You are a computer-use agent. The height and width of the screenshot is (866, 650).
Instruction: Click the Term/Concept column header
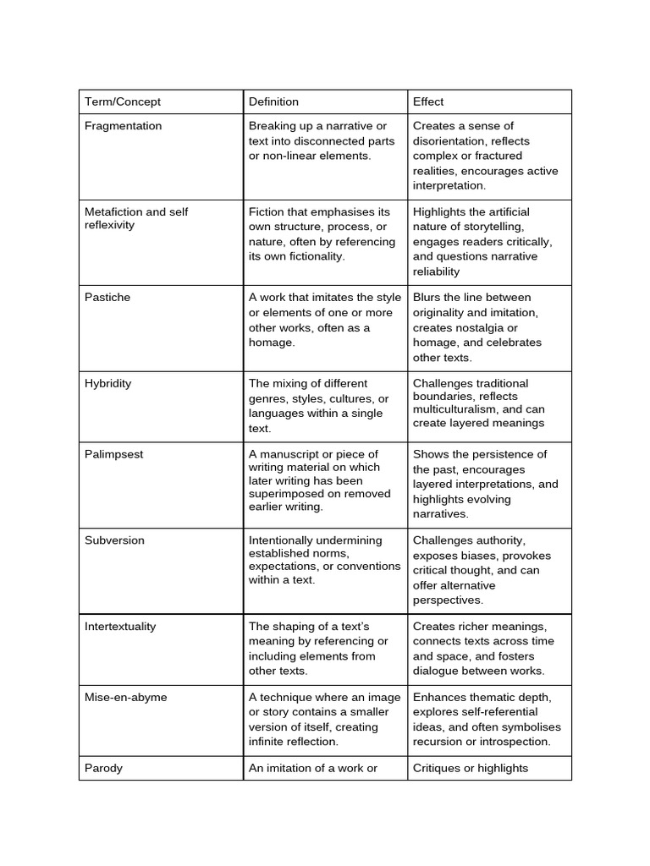(122, 101)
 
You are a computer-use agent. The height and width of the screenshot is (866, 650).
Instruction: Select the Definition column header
(273, 101)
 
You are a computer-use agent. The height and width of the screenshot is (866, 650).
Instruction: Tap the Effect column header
(428, 101)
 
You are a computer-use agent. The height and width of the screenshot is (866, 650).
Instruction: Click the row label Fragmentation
(123, 126)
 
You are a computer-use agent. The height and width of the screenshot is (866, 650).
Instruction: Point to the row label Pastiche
(107, 298)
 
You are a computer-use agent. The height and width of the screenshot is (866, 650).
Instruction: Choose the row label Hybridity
(108, 383)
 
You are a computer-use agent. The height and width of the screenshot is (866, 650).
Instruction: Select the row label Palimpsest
(114, 454)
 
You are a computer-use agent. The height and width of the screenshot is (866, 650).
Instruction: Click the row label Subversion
(114, 540)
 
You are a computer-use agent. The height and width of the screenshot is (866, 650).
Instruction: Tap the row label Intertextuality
(120, 627)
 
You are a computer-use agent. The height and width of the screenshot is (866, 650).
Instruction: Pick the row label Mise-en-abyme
(125, 698)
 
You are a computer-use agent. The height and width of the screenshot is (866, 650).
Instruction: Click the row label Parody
(103, 768)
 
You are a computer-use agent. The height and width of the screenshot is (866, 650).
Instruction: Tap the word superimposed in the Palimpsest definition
(283, 494)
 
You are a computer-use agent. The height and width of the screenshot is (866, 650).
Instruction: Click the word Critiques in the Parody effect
(438, 768)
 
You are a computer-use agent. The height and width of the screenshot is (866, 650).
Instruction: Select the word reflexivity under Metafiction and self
(109, 226)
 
